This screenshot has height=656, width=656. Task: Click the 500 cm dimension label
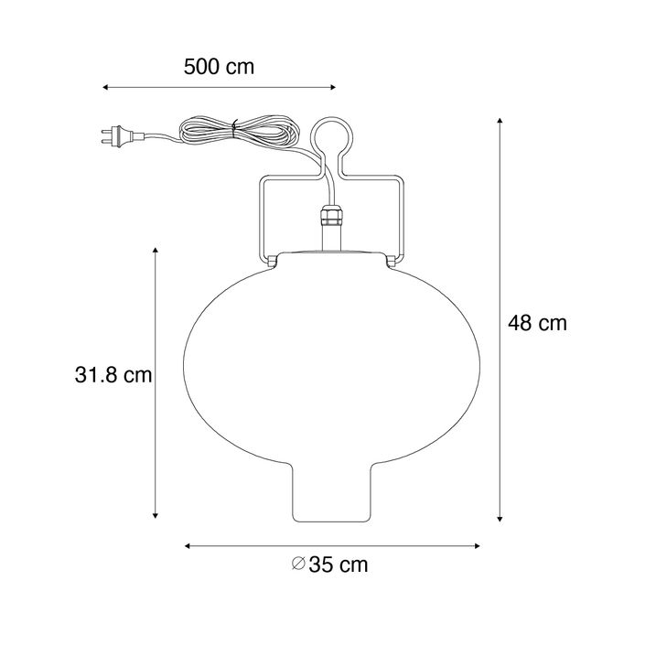[218, 67]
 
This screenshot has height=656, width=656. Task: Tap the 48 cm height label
[537, 323]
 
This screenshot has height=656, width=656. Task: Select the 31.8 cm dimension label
[113, 374]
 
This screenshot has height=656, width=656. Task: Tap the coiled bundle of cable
[235, 129]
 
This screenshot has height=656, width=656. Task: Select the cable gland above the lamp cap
[331, 220]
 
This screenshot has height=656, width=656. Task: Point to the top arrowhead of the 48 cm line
[500, 122]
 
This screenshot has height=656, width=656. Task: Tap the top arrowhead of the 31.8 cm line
[156, 250]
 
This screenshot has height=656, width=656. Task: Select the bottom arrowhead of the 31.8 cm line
[156, 515]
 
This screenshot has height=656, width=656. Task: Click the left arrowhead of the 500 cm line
[105, 88]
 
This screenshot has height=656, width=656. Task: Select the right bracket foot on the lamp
[393, 263]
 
